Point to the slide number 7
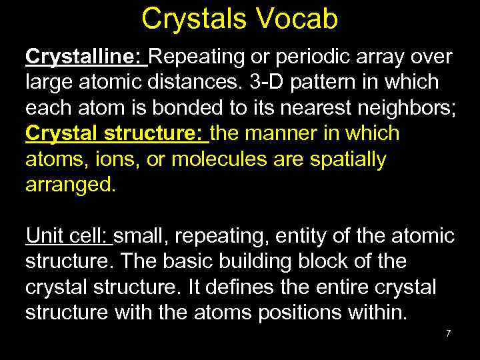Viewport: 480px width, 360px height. [x=449, y=333]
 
